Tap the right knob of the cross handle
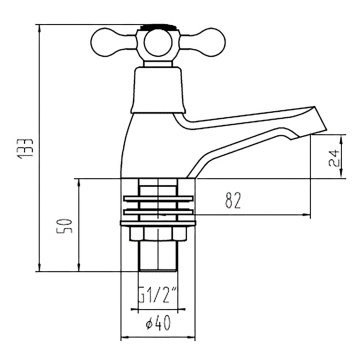click(208, 40)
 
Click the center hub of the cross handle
click(156, 42)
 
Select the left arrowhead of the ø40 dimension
click(123, 336)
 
